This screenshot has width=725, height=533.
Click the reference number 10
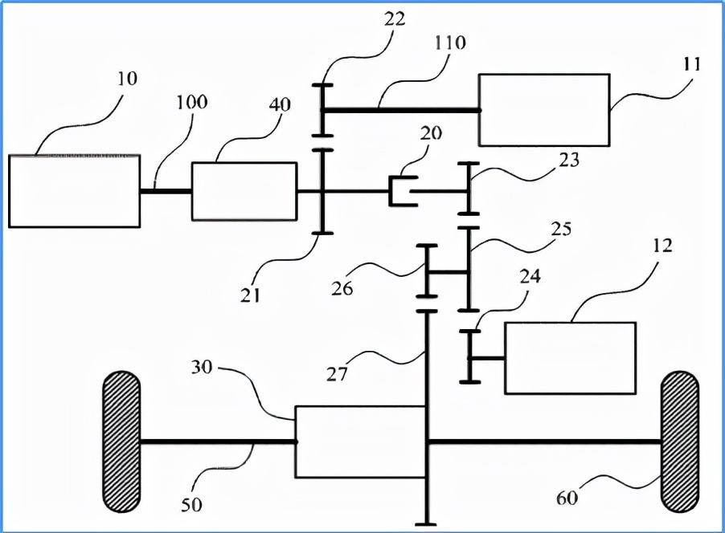[x=127, y=79]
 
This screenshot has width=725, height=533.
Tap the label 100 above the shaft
[x=192, y=102]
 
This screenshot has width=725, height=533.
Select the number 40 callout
[x=279, y=105]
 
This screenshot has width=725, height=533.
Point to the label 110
[x=449, y=43]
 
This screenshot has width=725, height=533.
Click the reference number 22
[x=395, y=19]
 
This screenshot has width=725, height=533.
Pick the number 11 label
[x=692, y=64]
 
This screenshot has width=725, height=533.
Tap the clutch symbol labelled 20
[x=403, y=191]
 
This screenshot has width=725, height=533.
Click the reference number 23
[x=568, y=160]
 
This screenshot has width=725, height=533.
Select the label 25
[x=561, y=229]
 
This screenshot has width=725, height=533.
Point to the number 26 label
[x=342, y=288]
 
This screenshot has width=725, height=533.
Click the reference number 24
[x=530, y=276]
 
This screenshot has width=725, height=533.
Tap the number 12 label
[x=662, y=246]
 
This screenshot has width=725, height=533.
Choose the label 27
[x=337, y=373]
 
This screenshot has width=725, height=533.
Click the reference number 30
[x=202, y=367]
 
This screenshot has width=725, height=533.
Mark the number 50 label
[x=191, y=504]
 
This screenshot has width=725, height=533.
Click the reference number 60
[x=567, y=498]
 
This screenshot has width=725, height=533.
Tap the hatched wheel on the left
[x=121, y=441]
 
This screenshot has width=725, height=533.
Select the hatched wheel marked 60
[x=680, y=441]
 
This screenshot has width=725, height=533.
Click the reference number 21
[x=250, y=295]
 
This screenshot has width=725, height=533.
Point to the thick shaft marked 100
[x=166, y=191]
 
